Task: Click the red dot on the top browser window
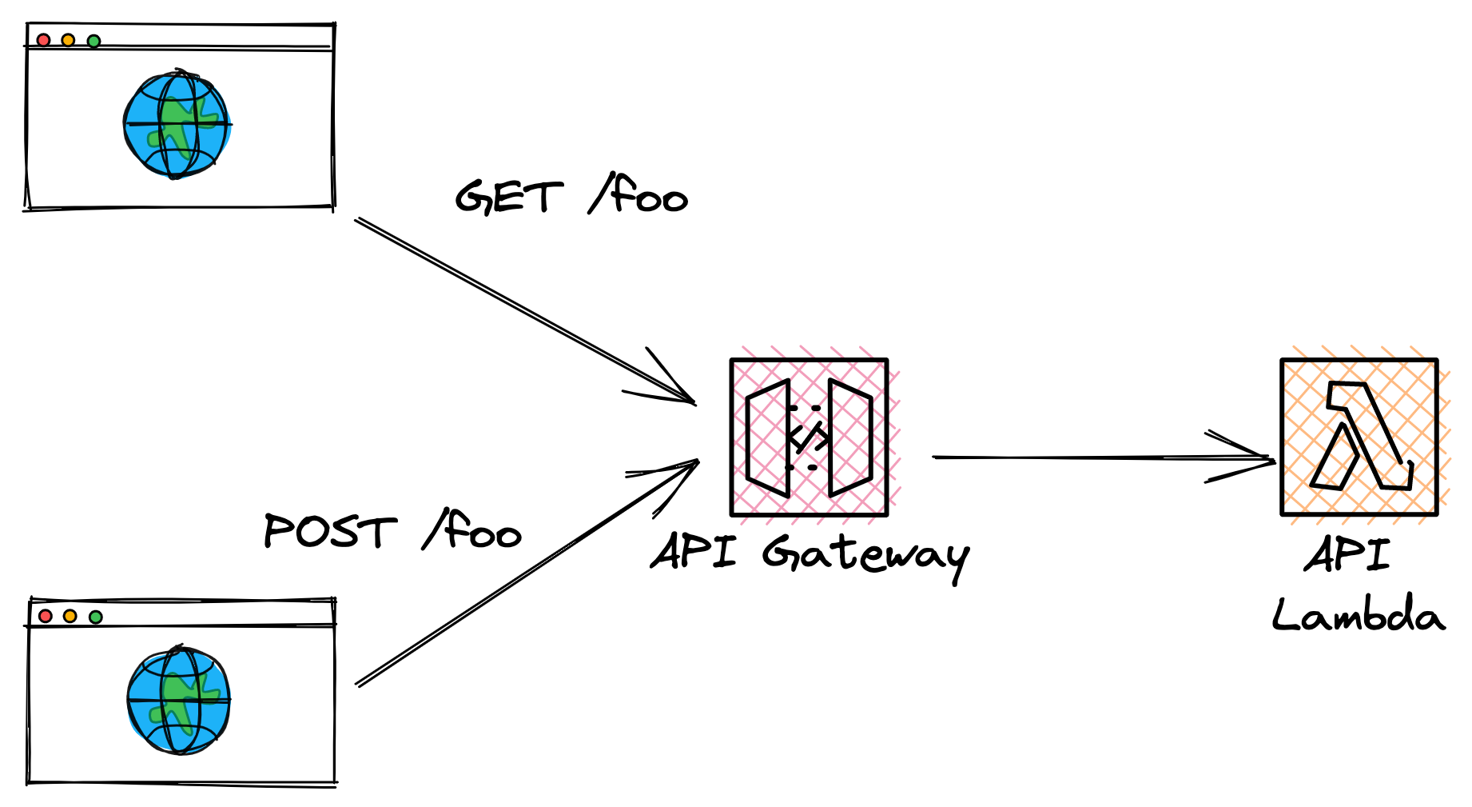coord(43,40)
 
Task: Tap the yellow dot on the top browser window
coord(68,40)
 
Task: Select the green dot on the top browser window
coord(93,41)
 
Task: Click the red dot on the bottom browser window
coord(46,616)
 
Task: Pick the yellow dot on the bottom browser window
coord(70,616)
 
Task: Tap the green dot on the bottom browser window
coord(96,617)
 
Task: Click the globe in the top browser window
coord(177,124)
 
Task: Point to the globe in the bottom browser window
coord(178,701)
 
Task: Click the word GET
coord(509,197)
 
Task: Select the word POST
coord(329,531)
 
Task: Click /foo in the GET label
coord(639,194)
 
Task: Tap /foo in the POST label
coord(472,530)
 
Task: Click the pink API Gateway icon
coord(809,437)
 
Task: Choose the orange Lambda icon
coord(1359,437)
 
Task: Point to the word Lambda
coord(1359,616)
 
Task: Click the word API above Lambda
coord(1347,554)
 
